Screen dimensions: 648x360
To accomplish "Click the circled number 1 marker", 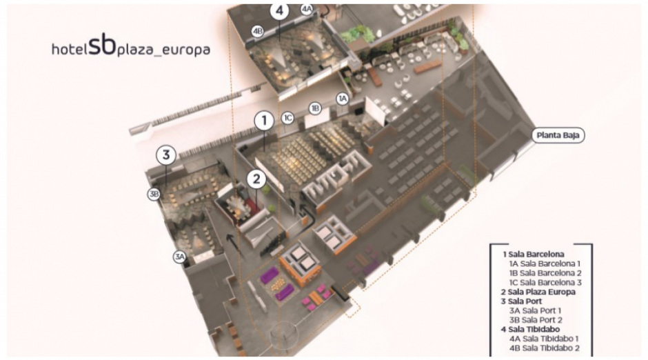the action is tap(264, 121).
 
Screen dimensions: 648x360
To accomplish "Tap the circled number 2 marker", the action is tap(256, 179).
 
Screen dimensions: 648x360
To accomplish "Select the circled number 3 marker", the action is tap(166, 155).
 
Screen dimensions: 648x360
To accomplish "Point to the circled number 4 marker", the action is tap(279, 11).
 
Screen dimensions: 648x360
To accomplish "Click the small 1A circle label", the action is tap(342, 99).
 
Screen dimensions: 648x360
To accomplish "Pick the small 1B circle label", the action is tap(315, 108).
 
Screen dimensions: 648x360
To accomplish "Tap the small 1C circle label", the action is tap(287, 118).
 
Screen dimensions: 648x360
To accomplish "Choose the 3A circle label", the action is tap(179, 257).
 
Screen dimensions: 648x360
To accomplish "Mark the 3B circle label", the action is tap(154, 194).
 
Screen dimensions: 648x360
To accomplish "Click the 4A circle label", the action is tap(307, 9).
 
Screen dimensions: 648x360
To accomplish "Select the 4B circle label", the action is tap(257, 31).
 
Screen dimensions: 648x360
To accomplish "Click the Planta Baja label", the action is tap(558, 135).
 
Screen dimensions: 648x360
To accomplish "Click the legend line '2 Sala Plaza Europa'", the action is tap(538, 292).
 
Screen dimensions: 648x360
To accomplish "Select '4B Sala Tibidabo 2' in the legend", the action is tap(545, 348).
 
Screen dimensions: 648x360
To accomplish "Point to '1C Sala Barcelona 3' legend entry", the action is tap(545, 282).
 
